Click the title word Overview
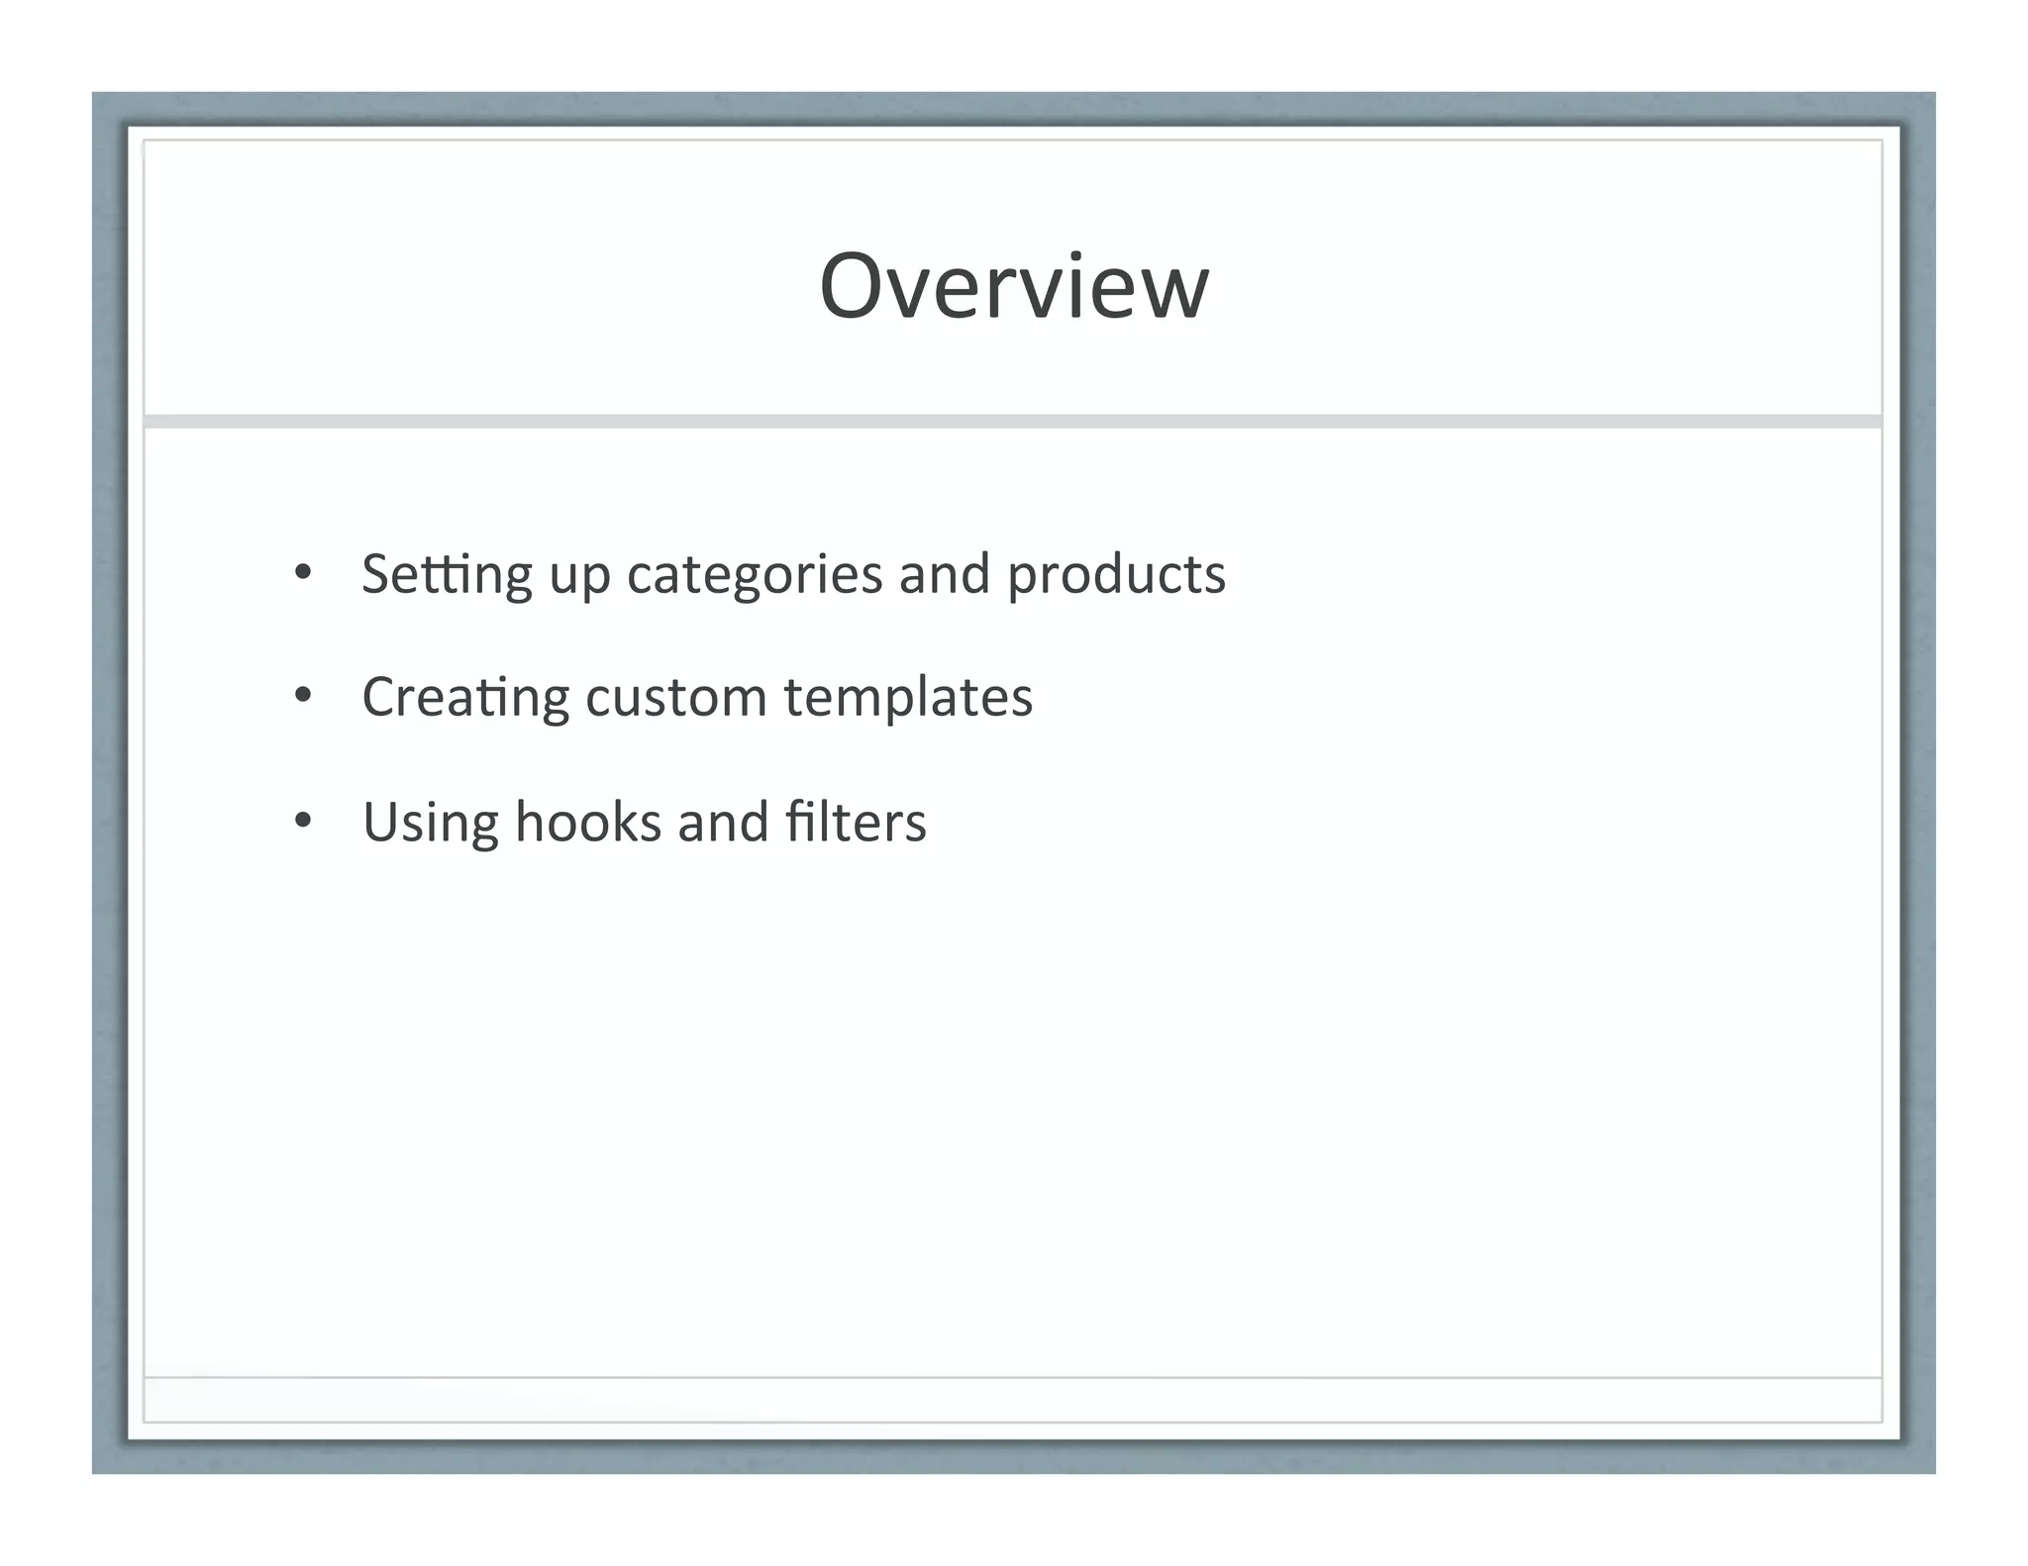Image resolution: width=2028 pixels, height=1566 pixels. click(x=1014, y=286)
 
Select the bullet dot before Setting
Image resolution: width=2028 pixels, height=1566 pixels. click(x=303, y=573)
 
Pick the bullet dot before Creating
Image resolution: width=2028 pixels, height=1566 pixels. click(x=303, y=696)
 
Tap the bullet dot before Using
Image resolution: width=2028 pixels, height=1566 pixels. click(x=303, y=821)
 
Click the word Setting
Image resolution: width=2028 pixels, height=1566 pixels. click(x=447, y=575)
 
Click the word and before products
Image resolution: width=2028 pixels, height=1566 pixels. click(x=945, y=574)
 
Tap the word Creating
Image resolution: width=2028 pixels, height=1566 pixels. click(x=465, y=698)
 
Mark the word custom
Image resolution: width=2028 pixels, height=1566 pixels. click(x=676, y=698)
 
